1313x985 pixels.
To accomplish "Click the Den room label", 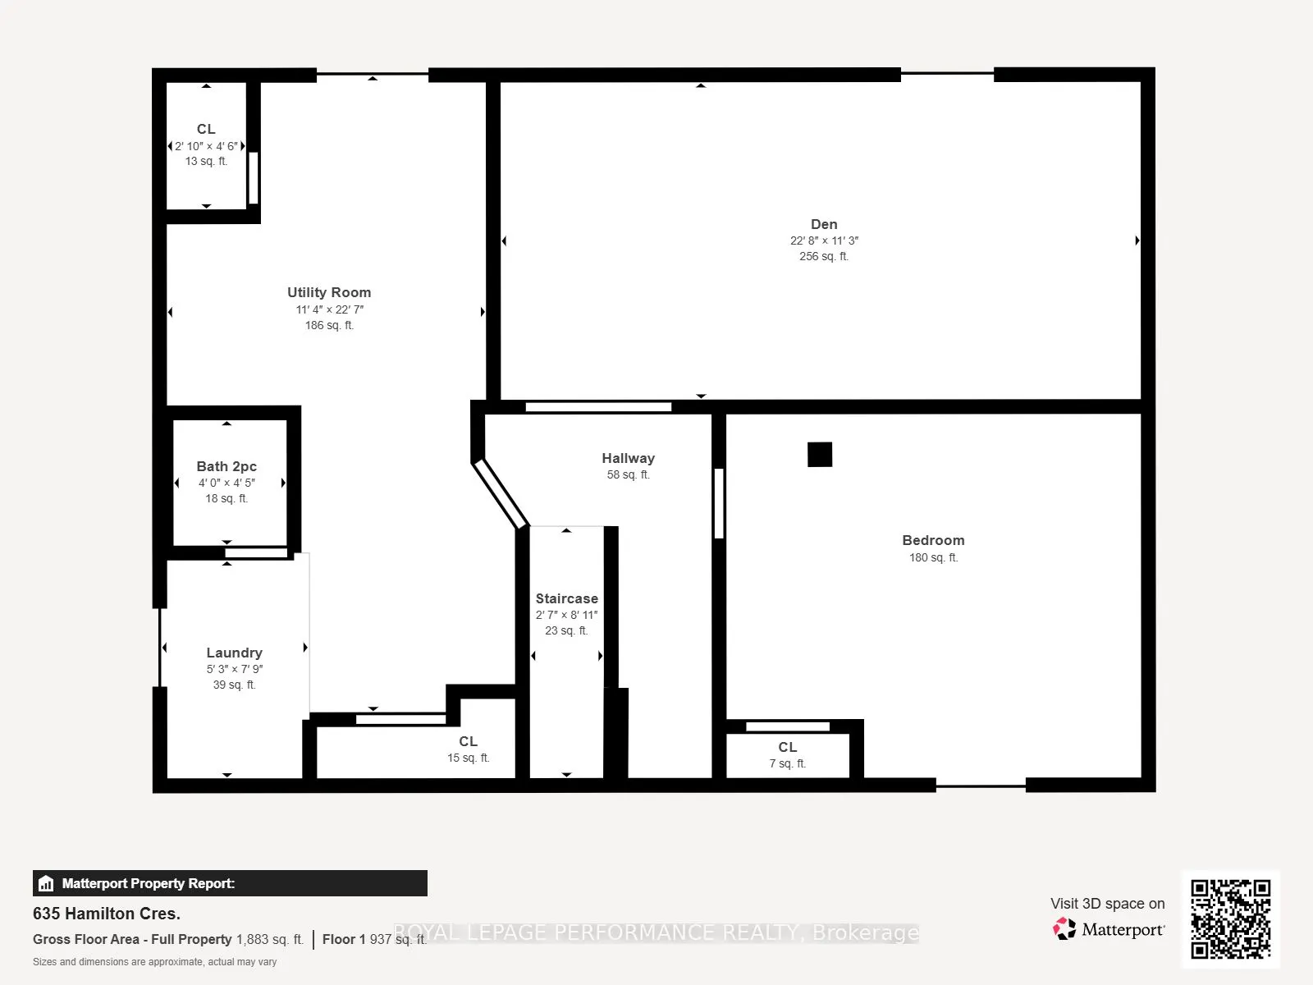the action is click(824, 224).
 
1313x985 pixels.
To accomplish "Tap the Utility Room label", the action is click(329, 292).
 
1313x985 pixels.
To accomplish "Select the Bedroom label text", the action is click(933, 540).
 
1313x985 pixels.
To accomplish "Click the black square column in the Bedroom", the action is click(820, 455).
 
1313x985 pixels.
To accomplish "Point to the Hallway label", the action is click(628, 458).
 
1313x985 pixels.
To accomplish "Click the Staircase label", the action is click(566, 598).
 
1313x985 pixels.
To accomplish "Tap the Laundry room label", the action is click(234, 653).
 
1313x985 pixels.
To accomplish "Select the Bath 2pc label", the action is click(226, 466).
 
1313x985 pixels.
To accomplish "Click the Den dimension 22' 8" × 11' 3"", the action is click(824, 241).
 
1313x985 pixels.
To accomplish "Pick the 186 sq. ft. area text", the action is click(329, 325).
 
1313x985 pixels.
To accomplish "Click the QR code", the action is click(1230, 919).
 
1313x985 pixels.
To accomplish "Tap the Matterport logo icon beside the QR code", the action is click(1064, 929).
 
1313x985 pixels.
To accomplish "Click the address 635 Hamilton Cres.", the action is click(107, 914).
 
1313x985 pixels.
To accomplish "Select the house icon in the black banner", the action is click(46, 883).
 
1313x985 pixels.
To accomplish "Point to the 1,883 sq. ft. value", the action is click(270, 940).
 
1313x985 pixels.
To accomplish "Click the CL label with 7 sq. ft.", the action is click(787, 747).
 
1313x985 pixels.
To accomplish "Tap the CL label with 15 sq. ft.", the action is click(468, 741).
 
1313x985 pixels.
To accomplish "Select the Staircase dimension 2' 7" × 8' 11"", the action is click(566, 615).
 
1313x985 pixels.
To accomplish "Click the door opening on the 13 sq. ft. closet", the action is click(253, 177).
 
